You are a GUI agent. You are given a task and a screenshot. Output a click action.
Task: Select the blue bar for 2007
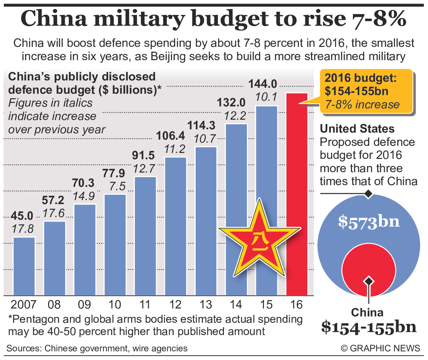click(x=24, y=266)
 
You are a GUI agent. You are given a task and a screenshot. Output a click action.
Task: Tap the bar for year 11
click(x=145, y=236)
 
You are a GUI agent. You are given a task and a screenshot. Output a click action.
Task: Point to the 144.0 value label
click(x=263, y=84)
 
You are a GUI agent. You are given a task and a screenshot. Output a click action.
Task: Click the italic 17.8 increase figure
click(x=23, y=229)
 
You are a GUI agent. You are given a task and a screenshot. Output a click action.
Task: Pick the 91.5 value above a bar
click(x=143, y=155)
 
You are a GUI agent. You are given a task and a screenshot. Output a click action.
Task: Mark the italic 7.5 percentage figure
click(x=117, y=186)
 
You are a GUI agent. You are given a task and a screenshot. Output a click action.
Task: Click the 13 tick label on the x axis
click(x=206, y=304)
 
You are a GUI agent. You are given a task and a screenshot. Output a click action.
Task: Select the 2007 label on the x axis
click(x=23, y=304)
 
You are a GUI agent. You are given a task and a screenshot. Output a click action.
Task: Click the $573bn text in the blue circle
click(x=369, y=222)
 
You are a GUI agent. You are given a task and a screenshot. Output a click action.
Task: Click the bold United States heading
click(x=357, y=129)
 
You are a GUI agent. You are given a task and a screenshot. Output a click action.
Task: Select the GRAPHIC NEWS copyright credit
click(x=380, y=348)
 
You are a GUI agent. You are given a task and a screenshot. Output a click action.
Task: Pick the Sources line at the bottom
click(x=97, y=348)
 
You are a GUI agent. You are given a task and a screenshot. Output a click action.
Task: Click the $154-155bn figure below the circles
click(x=369, y=327)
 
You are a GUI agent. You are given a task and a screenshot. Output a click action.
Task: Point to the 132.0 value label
click(x=231, y=102)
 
